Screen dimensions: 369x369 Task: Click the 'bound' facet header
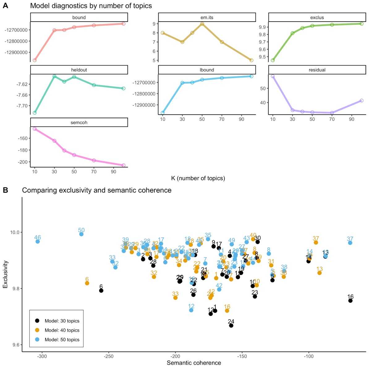pos(79,18)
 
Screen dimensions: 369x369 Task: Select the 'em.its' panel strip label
pos(207,18)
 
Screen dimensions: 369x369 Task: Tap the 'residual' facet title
pos(317,70)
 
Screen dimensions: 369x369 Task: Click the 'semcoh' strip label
pos(79,122)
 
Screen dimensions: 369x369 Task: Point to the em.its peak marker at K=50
pos(202,24)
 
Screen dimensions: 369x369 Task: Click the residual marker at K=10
pos(273,76)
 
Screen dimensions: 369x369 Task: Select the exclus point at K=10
pos(273,60)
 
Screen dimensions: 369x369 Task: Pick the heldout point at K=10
pos(35,112)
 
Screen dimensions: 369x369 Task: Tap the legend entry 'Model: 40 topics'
pos(62,330)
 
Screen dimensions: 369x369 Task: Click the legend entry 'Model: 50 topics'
pos(62,340)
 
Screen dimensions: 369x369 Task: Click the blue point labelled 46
pos(38,241)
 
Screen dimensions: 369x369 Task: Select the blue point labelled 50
pos(81,234)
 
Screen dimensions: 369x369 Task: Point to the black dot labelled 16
pos(350,301)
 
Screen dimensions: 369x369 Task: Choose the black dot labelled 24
pos(231,325)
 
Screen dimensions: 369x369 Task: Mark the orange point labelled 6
pos(87,283)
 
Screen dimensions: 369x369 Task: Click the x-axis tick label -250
pos(108,356)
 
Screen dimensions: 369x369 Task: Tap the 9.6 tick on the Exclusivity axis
pos(15,345)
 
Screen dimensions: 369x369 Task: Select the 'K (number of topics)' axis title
pos(198,178)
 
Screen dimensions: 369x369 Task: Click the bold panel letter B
pos(5,190)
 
